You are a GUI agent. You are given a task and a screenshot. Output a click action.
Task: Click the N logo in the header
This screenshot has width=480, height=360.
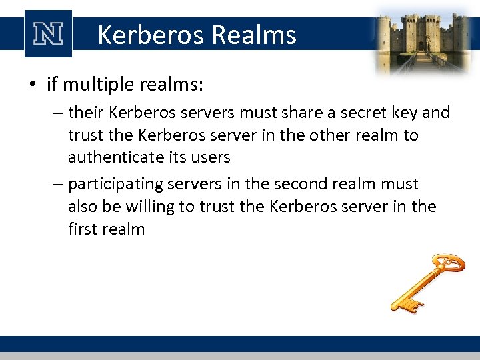pos(47,33)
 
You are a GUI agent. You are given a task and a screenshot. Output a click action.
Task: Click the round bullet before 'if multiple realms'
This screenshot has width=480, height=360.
pos(32,85)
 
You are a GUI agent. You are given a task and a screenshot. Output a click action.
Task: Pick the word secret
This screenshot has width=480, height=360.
pos(356,113)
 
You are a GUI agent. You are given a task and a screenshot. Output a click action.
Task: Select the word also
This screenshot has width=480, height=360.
pos(83,207)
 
